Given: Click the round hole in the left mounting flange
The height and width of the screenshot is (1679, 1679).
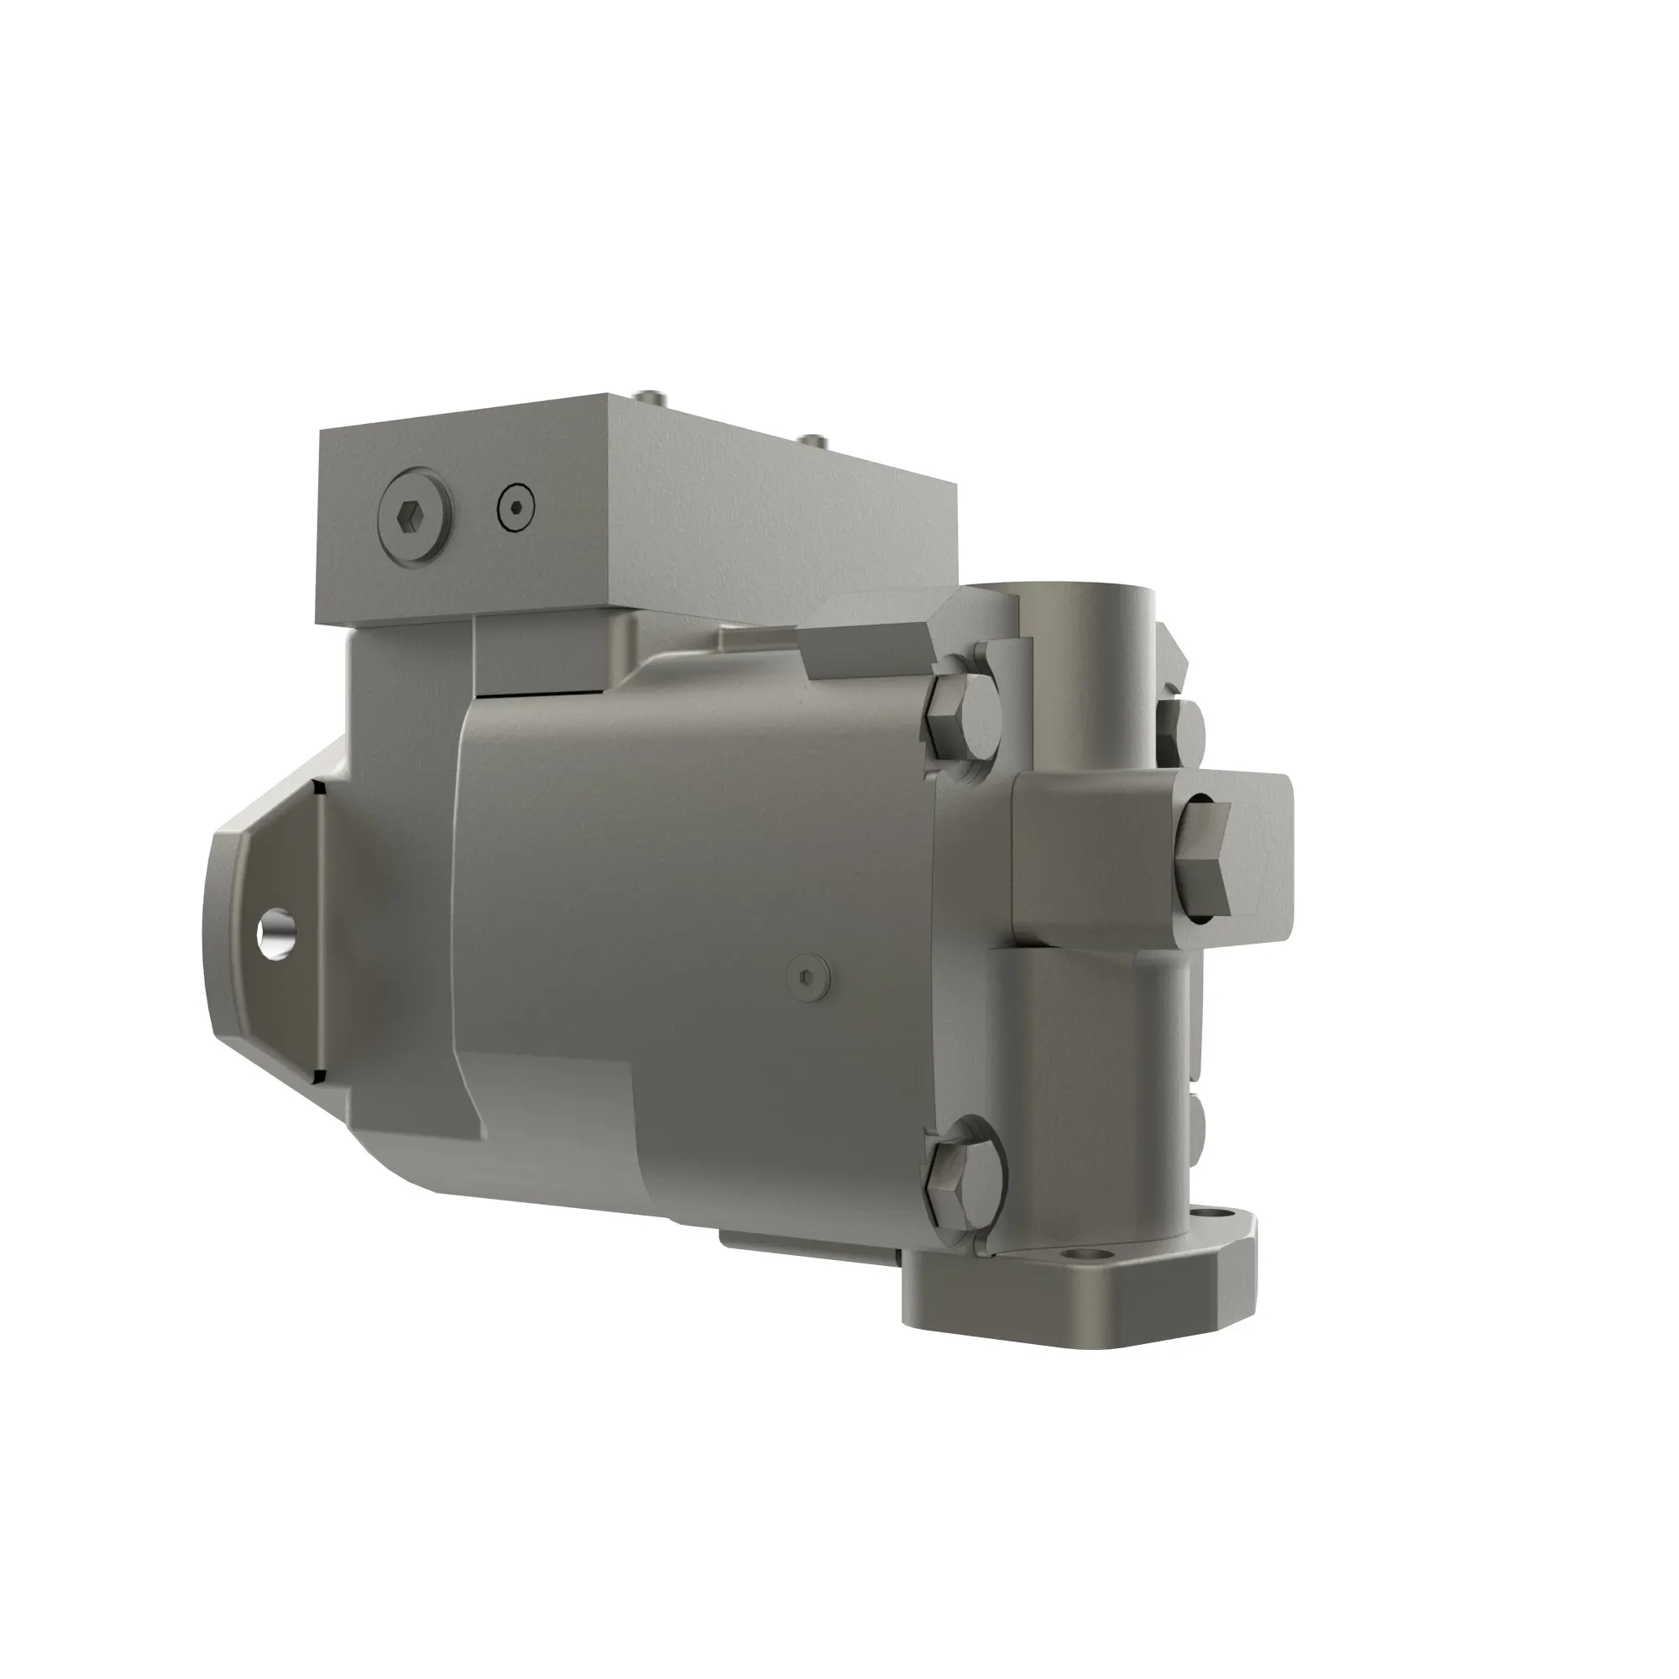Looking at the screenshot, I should coord(277,933).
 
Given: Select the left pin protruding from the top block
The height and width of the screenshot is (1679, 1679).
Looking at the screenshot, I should coord(651,398).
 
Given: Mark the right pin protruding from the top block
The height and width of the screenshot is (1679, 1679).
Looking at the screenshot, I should coord(813,442).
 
